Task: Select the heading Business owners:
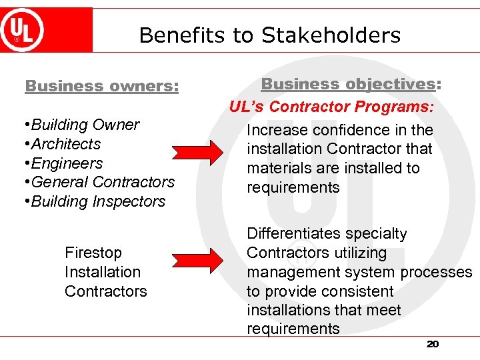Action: click(x=102, y=86)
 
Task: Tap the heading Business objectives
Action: click(x=347, y=84)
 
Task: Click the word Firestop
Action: click(x=93, y=253)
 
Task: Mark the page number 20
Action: click(x=433, y=344)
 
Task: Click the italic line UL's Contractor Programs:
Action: click(x=332, y=107)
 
